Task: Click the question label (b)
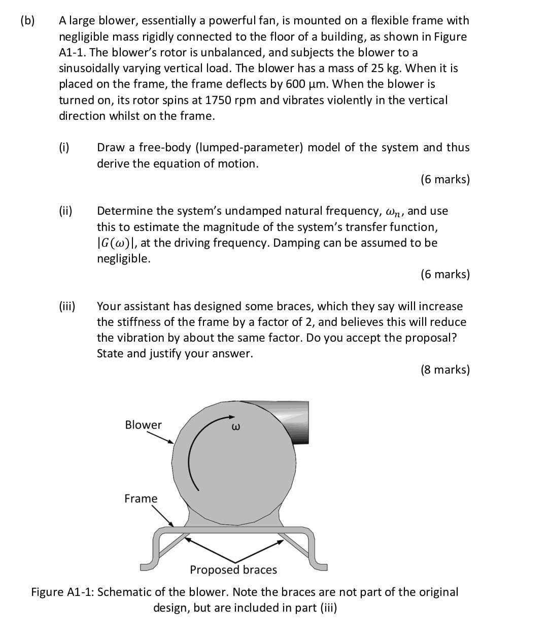pyautogui.click(x=27, y=21)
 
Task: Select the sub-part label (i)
pyautogui.click(x=64, y=148)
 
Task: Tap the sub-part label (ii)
pyautogui.click(x=65, y=211)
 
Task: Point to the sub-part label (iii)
pyautogui.click(x=67, y=306)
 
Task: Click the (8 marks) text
pyautogui.click(x=445, y=370)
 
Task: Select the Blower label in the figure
pyautogui.click(x=143, y=425)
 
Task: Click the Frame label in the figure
pyautogui.click(x=141, y=498)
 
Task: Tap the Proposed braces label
pyautogui.click(x=233, y=570)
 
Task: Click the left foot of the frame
pyautogui.click(x=150, y=564)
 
